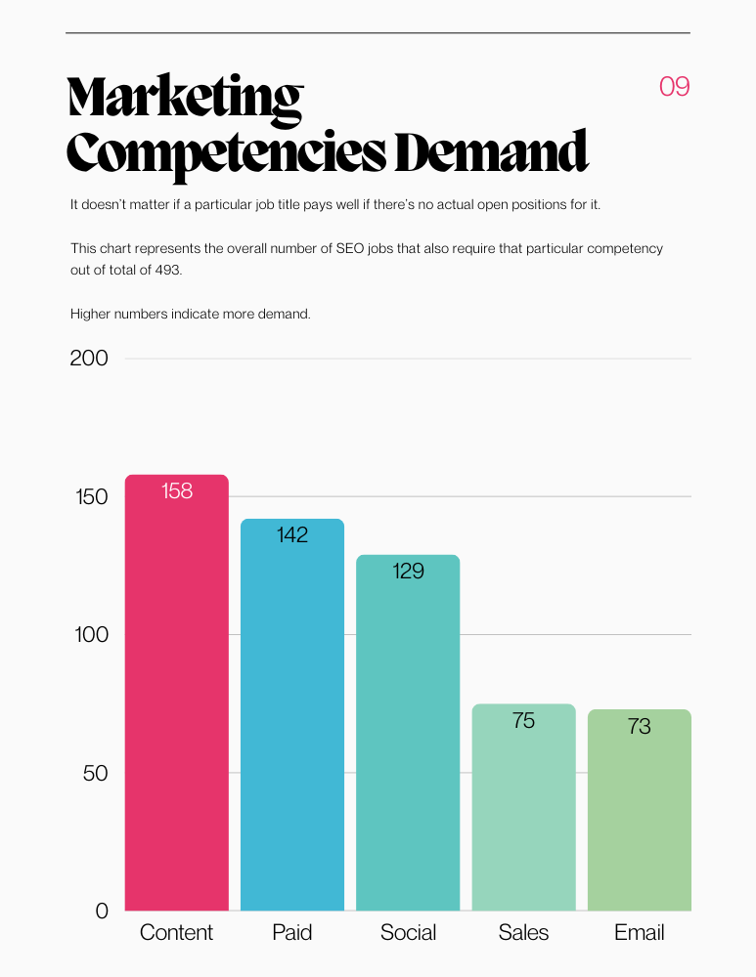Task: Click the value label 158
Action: click(x=177, y=491)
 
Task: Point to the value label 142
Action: click(x=292, y=535)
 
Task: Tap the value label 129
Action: click(x=408, y=572)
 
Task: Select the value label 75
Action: click(x=523, y=721)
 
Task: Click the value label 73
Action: click(x=640, y=727)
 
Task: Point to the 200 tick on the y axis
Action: click(x=89, y=359)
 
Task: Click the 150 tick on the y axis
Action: click(x=89, y=497)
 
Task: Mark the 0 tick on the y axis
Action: click(x=102, y=912)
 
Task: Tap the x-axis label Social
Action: click(x=408, y=933)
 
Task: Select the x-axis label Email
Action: click(x=640, y=933)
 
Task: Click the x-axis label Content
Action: click(x=176, y=933)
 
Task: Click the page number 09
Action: click(x=675, y=87)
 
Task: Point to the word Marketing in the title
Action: click(x=185, y=99)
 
